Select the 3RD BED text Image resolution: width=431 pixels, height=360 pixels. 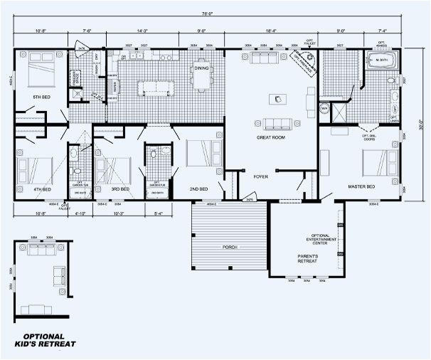pos(119,190)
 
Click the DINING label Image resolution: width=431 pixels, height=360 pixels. pos(201,69)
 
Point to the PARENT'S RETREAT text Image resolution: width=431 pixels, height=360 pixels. pos(307,259)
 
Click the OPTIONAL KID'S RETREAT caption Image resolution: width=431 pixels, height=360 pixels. pos(44,341)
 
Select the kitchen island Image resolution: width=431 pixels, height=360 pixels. pos(155,88)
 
